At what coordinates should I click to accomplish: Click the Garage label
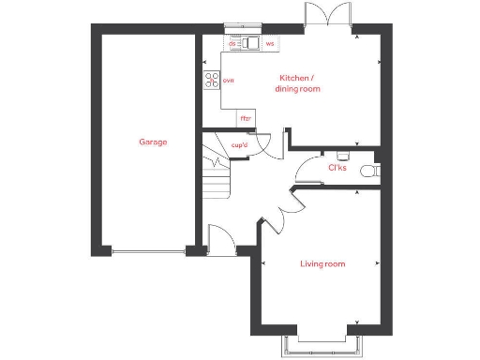[x=153, y=142]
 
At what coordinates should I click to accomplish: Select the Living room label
[x=322, y=264]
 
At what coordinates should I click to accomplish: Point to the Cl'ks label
[x=337, y=169]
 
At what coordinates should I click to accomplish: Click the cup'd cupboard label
[x=239, y=145]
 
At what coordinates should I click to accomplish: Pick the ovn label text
[x=228, y=81]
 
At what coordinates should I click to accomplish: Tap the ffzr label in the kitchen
[x=246, y=119]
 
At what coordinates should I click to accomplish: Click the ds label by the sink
[x=232, y=43]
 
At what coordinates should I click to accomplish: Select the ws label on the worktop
[x=270, y=43]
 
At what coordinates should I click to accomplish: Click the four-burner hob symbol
[x=211, y=81]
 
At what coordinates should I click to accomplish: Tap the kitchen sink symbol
[x=251, y=43]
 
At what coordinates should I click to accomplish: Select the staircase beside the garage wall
[x=217, y=178]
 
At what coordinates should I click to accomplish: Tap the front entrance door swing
[x=219, y=240]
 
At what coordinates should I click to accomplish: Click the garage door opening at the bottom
[x=147, y=250]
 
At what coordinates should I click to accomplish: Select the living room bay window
[x=322, y=343]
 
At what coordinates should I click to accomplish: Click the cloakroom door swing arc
[x=306, y=172]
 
